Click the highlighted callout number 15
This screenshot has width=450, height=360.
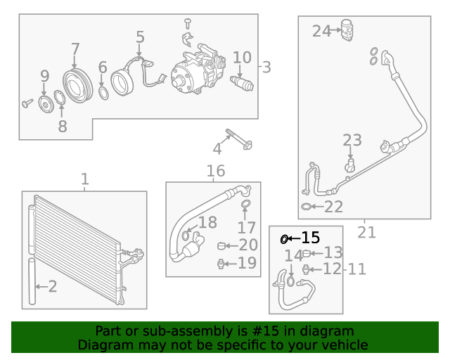310,238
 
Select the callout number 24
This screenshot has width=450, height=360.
321,31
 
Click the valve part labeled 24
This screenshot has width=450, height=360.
347,30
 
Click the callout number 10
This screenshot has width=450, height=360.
241,57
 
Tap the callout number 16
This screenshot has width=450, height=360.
215,170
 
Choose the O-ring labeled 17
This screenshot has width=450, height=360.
245,205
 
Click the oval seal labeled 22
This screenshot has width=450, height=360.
307,207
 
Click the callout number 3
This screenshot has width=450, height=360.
266,67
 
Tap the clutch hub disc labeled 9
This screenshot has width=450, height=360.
45,105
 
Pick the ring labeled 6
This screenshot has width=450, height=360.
103,92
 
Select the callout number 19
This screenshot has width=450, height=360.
247,263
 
